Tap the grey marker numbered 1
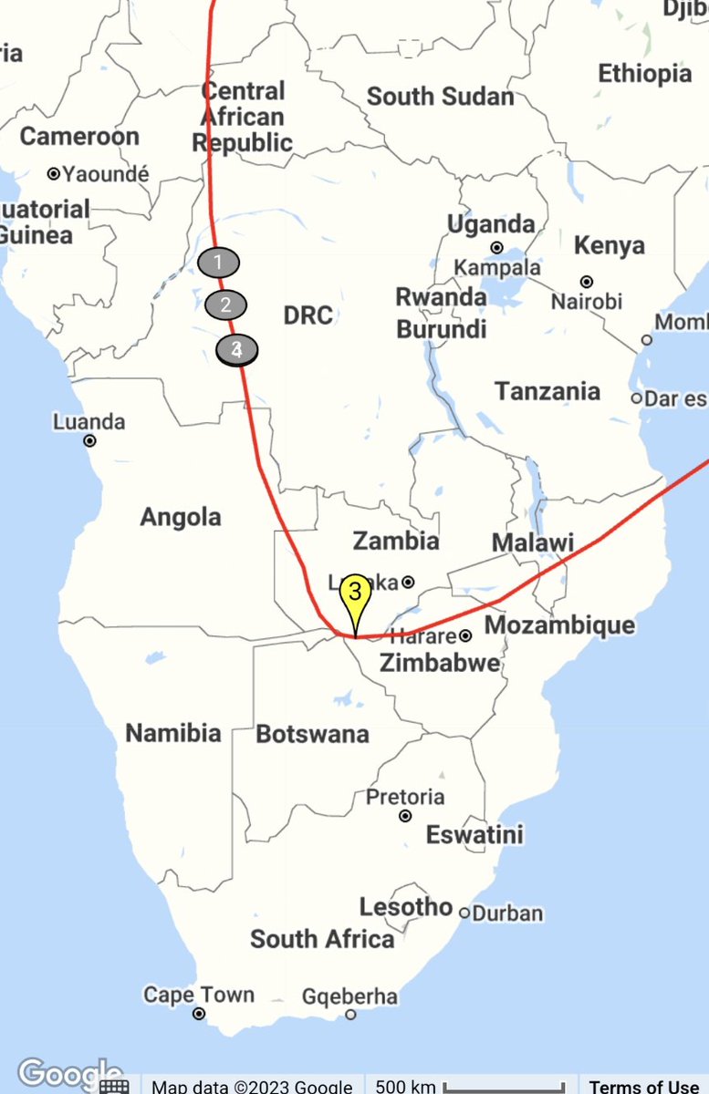pyautogui.click(x=218, y=263)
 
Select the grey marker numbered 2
pyautogui.click(x=226, y=304)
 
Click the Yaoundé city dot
pyautogui.click(x=54, y=173)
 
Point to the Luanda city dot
pyautogui.click(x=89, y=441)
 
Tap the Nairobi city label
pyautogui.click(x=588, y=302)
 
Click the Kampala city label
pyautogui.click(x=497, y=268)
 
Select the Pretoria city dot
pyautogui.click(x=405, y=816)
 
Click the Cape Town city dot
pyautogui.click(x=199, y=1014)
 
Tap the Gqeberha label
pyautogui.click(x=349, y=996)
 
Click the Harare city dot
pyautogui.click(x=464, y=635)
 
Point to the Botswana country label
pyautogui.click(x=312, y=734)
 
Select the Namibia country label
pyautogui.click(x=172, y=733)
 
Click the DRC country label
pyautogui.click(x=308, y=315)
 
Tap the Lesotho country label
pyautogui.click(x=406, y=907)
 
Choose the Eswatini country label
pyautogui.click(x=474, y=834)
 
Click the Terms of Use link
pyautogui.click(x=644, y=1086)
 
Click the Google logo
pyautogui.click(x=69, y=1075)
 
